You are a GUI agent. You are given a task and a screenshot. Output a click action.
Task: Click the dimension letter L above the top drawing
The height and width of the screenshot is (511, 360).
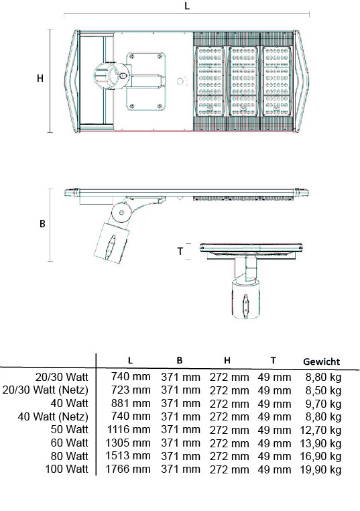(x=186, y=6)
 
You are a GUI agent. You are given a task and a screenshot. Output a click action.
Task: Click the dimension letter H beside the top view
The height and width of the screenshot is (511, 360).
(x=40, y=78)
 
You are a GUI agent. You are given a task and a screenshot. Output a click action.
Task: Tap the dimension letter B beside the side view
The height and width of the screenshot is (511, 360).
(x=42, y=224)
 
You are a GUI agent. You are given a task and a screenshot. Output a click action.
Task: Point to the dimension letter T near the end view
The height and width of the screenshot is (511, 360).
(x=180, y=251)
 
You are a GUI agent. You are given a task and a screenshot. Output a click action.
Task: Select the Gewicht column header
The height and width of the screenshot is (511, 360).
(x=321, y=361)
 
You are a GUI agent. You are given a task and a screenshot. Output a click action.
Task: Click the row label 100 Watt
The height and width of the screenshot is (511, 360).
(x=67, y=469)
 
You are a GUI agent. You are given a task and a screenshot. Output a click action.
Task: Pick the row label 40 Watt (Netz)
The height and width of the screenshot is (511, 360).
(x=53, y=416)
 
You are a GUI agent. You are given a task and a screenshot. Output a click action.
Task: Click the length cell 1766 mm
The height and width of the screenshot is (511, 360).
(x=128, y=469)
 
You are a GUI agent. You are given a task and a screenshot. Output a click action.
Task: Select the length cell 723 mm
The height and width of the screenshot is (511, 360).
(x=131, y=390)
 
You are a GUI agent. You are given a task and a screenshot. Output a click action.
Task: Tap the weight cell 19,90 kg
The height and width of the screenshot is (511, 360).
(x=320, y=469)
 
